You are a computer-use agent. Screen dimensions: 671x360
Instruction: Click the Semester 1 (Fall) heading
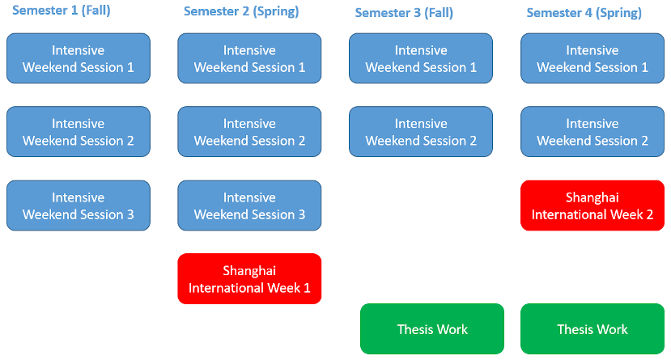(x=62, y=11)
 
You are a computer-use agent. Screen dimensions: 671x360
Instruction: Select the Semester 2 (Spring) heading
(x=241, y=11)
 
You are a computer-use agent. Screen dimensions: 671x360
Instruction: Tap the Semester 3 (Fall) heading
(x=404, y=13)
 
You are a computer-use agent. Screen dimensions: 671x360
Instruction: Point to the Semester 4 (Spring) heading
(x=584, y=13)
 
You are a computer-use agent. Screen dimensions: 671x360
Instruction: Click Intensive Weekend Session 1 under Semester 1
(x=79, y=58)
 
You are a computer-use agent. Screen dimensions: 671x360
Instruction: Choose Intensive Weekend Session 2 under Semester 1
(x=79, y=132)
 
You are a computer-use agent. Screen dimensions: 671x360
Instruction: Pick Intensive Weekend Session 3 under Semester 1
(x=79, y=205)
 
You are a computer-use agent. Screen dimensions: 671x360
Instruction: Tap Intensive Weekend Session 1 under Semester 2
(x=249, y=58)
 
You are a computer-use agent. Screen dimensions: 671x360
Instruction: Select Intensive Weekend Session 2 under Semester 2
(x=249, y=132)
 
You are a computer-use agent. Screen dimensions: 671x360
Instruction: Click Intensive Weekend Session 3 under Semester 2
(x=249, y=205)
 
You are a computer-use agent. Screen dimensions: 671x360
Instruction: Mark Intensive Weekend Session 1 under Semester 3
(x=421, y=58)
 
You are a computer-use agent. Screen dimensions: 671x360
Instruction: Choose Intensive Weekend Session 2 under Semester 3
(x=421, y=132)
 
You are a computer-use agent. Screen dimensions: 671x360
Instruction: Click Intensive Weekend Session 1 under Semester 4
(x=592, y=58)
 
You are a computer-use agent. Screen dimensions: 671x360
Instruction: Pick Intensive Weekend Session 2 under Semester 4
(x=592, y=132)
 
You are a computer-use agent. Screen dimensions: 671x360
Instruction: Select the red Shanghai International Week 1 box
(x=249, y=279)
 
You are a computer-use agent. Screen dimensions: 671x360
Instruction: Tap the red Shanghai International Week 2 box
(x=592, y=205)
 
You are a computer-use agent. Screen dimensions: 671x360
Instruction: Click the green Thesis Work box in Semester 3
(x=432, y=328)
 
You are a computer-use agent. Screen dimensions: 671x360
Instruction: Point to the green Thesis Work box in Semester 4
(x=592, y=328)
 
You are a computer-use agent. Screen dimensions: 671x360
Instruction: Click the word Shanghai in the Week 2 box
(x=592, y=197)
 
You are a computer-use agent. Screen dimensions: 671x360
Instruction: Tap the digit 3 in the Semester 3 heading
(x=417, y=13)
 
